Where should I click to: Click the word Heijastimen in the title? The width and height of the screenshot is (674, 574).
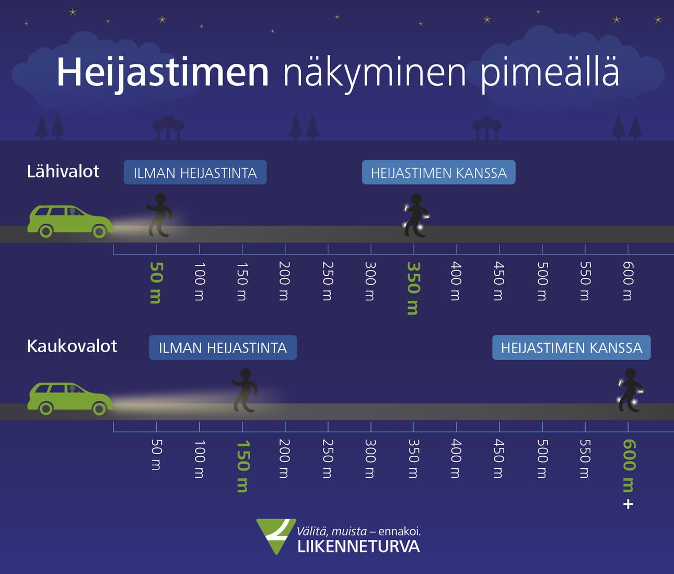click(x=162, y=72)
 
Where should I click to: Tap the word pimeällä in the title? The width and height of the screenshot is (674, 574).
click(x=550, y=73)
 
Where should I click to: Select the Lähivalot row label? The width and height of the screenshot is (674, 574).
click(x=63, y=172)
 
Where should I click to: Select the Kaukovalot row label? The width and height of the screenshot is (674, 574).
click(x=72, y=346)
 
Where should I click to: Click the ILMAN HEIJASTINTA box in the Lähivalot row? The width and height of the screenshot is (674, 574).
click(x=195, y=173)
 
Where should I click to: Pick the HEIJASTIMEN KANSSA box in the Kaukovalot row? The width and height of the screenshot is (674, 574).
click(x=571, y=348)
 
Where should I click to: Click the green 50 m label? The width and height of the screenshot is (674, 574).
click(x=156, y=283)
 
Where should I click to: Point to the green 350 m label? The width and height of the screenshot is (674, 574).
click(x=413, y=288)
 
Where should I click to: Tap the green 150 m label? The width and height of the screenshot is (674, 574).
click(x=242, y=466)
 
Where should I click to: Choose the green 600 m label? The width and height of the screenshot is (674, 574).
click(x=629, y=465)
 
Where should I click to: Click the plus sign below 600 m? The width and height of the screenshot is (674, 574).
click(x=629, y=504)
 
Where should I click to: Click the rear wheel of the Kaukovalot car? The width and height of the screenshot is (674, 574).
click(x=46, y=408)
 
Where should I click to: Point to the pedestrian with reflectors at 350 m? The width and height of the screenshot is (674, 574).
click(x=416, y=216)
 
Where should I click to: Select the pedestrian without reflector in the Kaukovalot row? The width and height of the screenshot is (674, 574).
click(x=245, y=390)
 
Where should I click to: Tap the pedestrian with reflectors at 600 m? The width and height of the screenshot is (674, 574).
click(x=630, y=390)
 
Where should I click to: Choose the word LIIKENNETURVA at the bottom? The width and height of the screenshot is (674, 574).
click(x=358, y=547)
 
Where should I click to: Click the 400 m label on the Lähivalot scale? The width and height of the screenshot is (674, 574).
click(x=456, y=281)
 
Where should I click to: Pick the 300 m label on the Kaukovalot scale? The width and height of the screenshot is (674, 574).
click(x=370, y=458)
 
